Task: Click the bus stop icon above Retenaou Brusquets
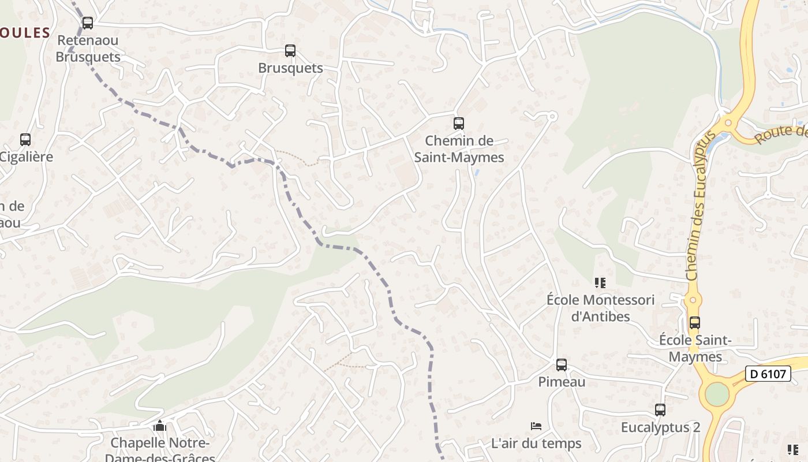87,23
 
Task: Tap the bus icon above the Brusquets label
290,51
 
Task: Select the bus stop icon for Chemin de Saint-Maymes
458,123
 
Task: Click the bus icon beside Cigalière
25,140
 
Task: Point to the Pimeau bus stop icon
561,365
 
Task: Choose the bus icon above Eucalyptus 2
660,410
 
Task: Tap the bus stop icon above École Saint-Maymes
695,323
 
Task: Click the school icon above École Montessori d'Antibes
600,283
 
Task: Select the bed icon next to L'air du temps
536,426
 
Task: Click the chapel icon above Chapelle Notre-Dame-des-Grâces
160,426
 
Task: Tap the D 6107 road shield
768,374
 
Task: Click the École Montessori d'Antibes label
600,308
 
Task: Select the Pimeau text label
562,382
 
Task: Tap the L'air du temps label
536,444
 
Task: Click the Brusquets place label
290,68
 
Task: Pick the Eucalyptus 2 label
660,427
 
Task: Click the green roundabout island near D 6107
717,394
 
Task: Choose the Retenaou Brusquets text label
88,49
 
